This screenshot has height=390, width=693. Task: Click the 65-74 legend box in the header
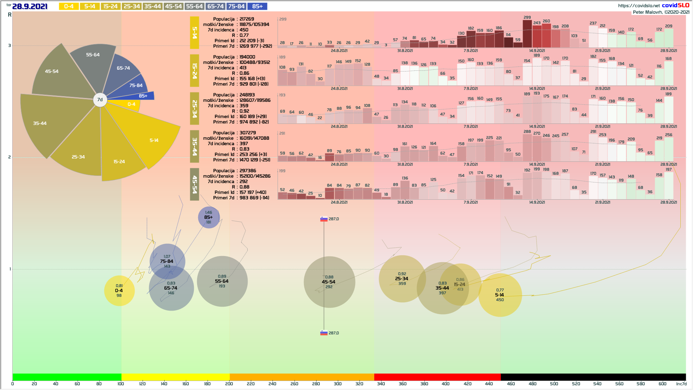(x=215, y=6)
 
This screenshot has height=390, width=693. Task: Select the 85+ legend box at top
(x=257, y=6)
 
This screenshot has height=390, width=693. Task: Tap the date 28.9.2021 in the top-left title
(x=30, y=6)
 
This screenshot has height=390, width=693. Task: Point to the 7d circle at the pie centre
(x=100, y=100)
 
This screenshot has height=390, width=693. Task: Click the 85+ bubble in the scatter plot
(x=209, y=217)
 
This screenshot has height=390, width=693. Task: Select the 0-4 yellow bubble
(x=119, y=291)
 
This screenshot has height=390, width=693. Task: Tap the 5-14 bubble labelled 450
(x=500, y=295)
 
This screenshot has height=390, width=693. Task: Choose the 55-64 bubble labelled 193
(x=222, y=281)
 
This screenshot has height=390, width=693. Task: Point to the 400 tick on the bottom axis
(x=446, y=384)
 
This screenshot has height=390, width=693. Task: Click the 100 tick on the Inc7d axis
(x=121, y=384)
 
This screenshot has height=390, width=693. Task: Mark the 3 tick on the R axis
(x=10, y=45)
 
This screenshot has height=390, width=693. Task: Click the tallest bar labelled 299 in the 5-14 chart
(x=527, y=34)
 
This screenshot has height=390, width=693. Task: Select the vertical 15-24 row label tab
(x=195, y=71)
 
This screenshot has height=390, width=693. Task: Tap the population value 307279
(x=248, y=133)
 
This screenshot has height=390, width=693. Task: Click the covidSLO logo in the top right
(x=675, y=5)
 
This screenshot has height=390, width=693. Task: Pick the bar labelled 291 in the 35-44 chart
(x=593, y=146)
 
